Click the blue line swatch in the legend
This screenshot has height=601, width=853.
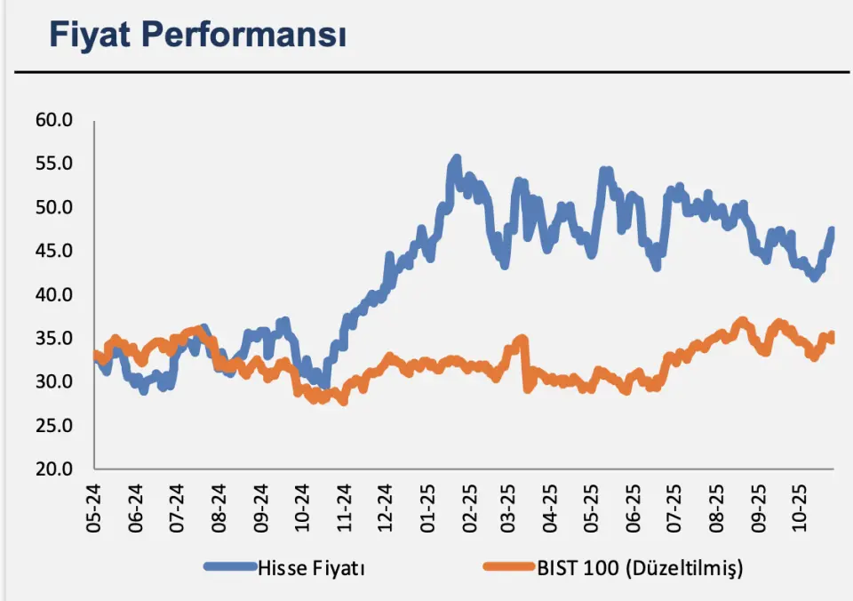coord(229,566)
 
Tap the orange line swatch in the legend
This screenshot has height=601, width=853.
coord(507,566)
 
